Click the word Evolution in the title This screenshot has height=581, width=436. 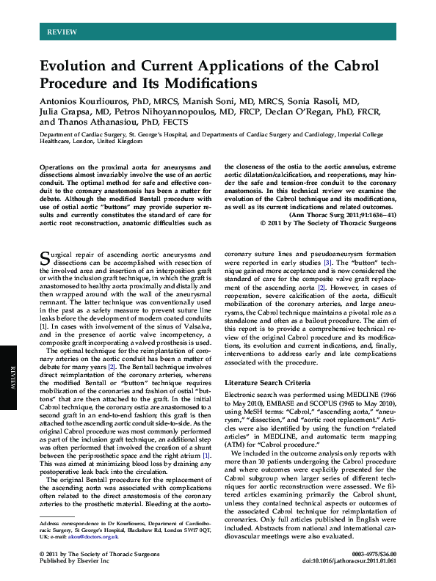[x=78, y=65]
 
